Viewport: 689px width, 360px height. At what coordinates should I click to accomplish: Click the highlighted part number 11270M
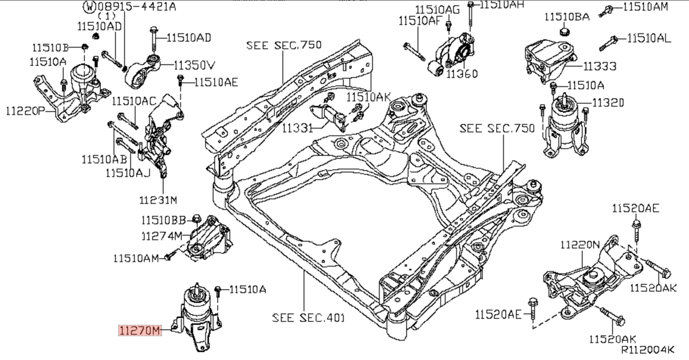pyautogui.click(x=140, y=330)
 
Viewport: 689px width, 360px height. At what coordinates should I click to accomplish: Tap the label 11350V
pyautogui.click(x=194, y=65)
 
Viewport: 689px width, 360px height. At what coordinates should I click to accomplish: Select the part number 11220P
pyautogui.click(x=25, y=111)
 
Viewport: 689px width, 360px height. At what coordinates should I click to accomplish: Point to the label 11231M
pyautogui.click(x=158, y=200)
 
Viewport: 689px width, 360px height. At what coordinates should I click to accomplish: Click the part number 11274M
pyautogui.click(x=162, y=236)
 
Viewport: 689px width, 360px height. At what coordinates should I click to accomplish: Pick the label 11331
pyautogui.click(x=297, y=128)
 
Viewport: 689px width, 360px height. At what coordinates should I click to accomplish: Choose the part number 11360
pyautogui.click(x=462, y=74)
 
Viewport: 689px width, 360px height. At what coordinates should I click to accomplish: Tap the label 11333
pyautogui.click(x=600, y=66)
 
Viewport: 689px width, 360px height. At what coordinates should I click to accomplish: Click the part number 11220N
pyautogui.click(x=580, y=245)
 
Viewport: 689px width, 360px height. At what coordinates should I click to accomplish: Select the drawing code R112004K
pyautogui.click(x=648, y=350)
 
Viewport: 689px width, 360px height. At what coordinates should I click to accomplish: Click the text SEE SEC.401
pyautogui.click(x=308, y=318)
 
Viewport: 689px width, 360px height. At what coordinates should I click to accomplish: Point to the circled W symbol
pyautogui.click(x=90, y=6)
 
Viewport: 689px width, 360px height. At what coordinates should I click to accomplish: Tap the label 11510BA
pyautogui.click(x=567, y=17)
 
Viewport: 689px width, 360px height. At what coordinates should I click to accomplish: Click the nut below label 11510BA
pyautogui.click(x=565, y=31)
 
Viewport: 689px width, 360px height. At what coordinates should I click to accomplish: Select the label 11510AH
pyautogui.click(x=502, y=5)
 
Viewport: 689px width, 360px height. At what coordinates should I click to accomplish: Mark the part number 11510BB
pyautogui.click(x=164, y=220)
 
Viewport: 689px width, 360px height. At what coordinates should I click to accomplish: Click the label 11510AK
pyautogui.click(x=368, y=97)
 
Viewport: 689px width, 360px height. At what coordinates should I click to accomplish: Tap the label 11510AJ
pyautogui.click(x=128, y=173)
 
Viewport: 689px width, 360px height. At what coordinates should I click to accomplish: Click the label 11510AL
pyautogui.click(x=649, y=38)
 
